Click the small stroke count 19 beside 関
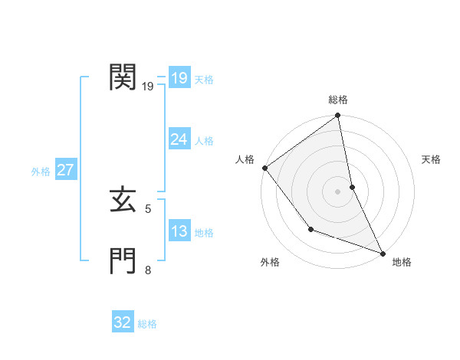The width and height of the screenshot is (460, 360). [148, 87]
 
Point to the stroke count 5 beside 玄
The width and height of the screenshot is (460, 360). [148, 208]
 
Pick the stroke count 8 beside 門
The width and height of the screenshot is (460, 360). [148, 269]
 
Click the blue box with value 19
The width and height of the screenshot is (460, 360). [179, 78]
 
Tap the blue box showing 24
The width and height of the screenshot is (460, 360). [179, 139]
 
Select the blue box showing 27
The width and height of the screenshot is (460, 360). [65, 170]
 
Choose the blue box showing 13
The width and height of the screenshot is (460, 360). [179, 231]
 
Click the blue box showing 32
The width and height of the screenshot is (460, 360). [122, 322]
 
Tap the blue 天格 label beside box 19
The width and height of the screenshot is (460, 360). [204, 80]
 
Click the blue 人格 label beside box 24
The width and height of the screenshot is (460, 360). [204, 141]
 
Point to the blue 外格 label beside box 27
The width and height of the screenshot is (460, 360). [41, 172]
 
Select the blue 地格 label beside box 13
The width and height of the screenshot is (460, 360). [204, 233]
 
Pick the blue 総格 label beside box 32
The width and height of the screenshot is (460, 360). [147, 324]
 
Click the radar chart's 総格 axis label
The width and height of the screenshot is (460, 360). [338, 100]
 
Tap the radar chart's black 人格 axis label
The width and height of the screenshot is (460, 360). [245, 159]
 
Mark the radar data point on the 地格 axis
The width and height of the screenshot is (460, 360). [383, 253]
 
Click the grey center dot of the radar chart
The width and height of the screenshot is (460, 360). [338, 191]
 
